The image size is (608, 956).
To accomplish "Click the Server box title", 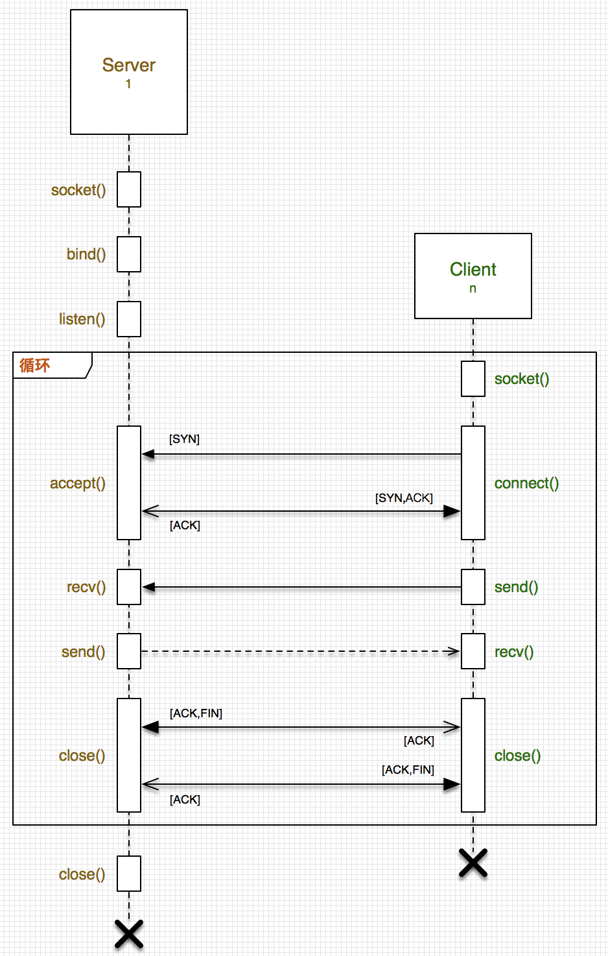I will tap(128, 65).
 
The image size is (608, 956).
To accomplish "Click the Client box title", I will tap(473, 269).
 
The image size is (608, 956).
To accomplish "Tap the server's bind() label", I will tap(86, 254).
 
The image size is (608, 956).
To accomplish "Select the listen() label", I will tap(82, 319).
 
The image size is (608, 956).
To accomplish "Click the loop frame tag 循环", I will tap(35, 365).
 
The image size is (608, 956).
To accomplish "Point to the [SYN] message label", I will tap(184, 439).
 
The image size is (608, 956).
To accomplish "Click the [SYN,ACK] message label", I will tap(404, 497).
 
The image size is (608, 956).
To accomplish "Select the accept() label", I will tap(78, 483).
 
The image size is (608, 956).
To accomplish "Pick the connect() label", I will tap(526, 483).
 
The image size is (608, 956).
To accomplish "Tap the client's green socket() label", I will tap(522, 379).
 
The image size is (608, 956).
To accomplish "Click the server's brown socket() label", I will tap(78, 190).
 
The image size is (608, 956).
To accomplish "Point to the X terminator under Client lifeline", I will tap(473, 863).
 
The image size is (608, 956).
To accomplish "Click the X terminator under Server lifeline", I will tap(129, 934).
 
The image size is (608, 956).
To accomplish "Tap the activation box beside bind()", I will tap(129, 254).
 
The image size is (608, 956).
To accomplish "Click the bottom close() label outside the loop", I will tap(82, 874).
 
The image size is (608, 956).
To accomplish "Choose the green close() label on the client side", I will tap(517, 756).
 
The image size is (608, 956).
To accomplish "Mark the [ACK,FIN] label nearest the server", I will tap(196, 713).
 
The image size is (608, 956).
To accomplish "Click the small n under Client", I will tap(473, 289).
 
